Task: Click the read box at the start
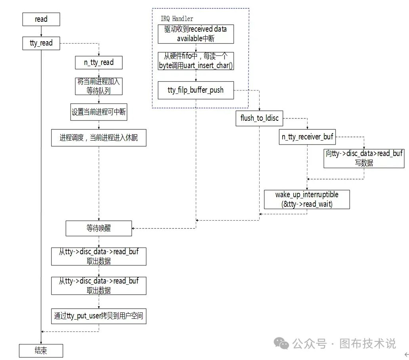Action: tap(41, 19)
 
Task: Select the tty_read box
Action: tap(41, 43)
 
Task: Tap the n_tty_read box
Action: tap(99, 63)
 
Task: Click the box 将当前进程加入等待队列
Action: tap(99, 86)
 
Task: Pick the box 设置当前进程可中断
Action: tap(99, 112)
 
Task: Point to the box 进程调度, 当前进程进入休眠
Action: tap(99, 138)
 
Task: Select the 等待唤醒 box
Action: tap(99, 229)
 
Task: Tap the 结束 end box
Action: tap(41, 350)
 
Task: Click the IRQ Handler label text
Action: tap(177, 19)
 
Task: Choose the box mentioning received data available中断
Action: tap(196, 34)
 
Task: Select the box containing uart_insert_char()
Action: tap(196, 61)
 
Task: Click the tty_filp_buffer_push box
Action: tap(196, 90)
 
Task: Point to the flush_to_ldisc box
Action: tap(260, 118)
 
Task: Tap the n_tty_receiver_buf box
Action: tap(308, 137)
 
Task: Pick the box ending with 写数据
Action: tap(364, 158)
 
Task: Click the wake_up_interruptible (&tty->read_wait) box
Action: tap(307, 199)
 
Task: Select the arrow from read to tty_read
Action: tap(41, 31)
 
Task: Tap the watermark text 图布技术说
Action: tap(367, 343)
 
